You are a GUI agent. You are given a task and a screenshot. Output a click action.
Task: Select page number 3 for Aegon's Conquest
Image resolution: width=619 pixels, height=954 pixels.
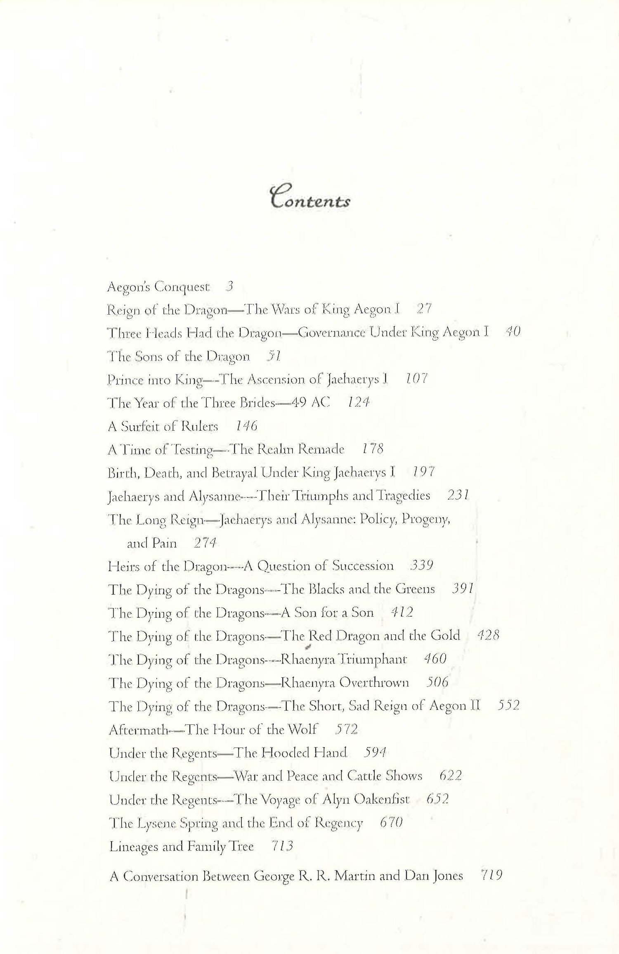(230, 286)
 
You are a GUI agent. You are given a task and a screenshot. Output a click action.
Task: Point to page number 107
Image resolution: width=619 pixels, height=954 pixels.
(416, 379)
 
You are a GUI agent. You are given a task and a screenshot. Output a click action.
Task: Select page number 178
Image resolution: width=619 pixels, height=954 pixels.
(373, 449)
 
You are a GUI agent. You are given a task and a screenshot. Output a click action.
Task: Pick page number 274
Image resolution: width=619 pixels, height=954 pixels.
(205, 543)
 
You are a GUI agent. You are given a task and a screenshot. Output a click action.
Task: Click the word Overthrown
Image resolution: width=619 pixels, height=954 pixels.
(374, 682)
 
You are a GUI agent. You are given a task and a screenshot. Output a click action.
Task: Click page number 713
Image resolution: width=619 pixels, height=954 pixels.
(283, 846)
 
